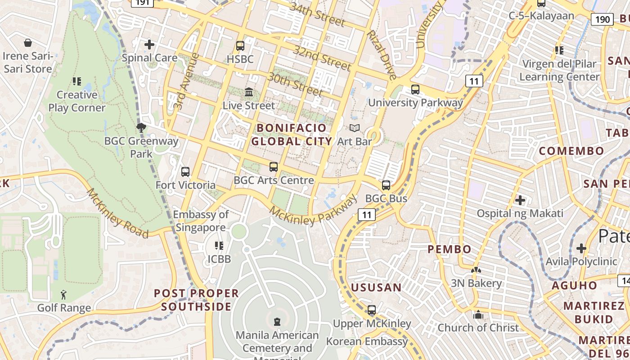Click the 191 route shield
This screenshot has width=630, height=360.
[142, 2]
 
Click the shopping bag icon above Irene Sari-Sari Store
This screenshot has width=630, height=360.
[28, 43]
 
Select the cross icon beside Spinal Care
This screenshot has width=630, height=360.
[149, 45]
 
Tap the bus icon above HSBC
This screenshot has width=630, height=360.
[240, 46]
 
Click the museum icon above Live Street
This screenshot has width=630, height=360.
[249, 92]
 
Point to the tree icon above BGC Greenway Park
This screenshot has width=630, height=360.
[141, 127]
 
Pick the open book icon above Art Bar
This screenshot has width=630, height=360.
[355, 128]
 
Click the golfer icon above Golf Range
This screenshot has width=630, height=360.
[64, 295]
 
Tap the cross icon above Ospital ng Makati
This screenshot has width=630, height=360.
[520, 200]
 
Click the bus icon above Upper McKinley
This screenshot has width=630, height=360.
[372, 310]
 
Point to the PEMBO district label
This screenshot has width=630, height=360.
[449, 249]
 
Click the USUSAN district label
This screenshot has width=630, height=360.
[376, 288]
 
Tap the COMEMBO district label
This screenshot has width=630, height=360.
[571, 151]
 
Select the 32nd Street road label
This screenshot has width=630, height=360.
[322, 58]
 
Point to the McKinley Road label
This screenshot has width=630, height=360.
[117, 213]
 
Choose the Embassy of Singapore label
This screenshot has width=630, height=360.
[201, 220]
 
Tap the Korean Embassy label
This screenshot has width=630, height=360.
[367, 342]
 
